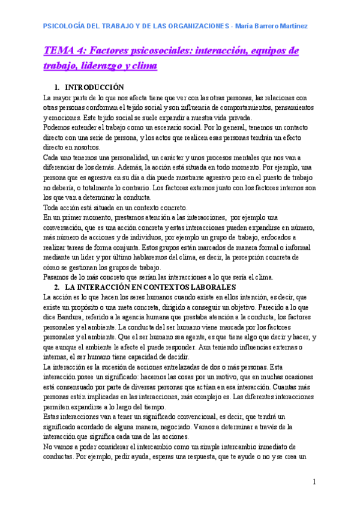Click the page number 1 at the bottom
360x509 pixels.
(x=314, y=482)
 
